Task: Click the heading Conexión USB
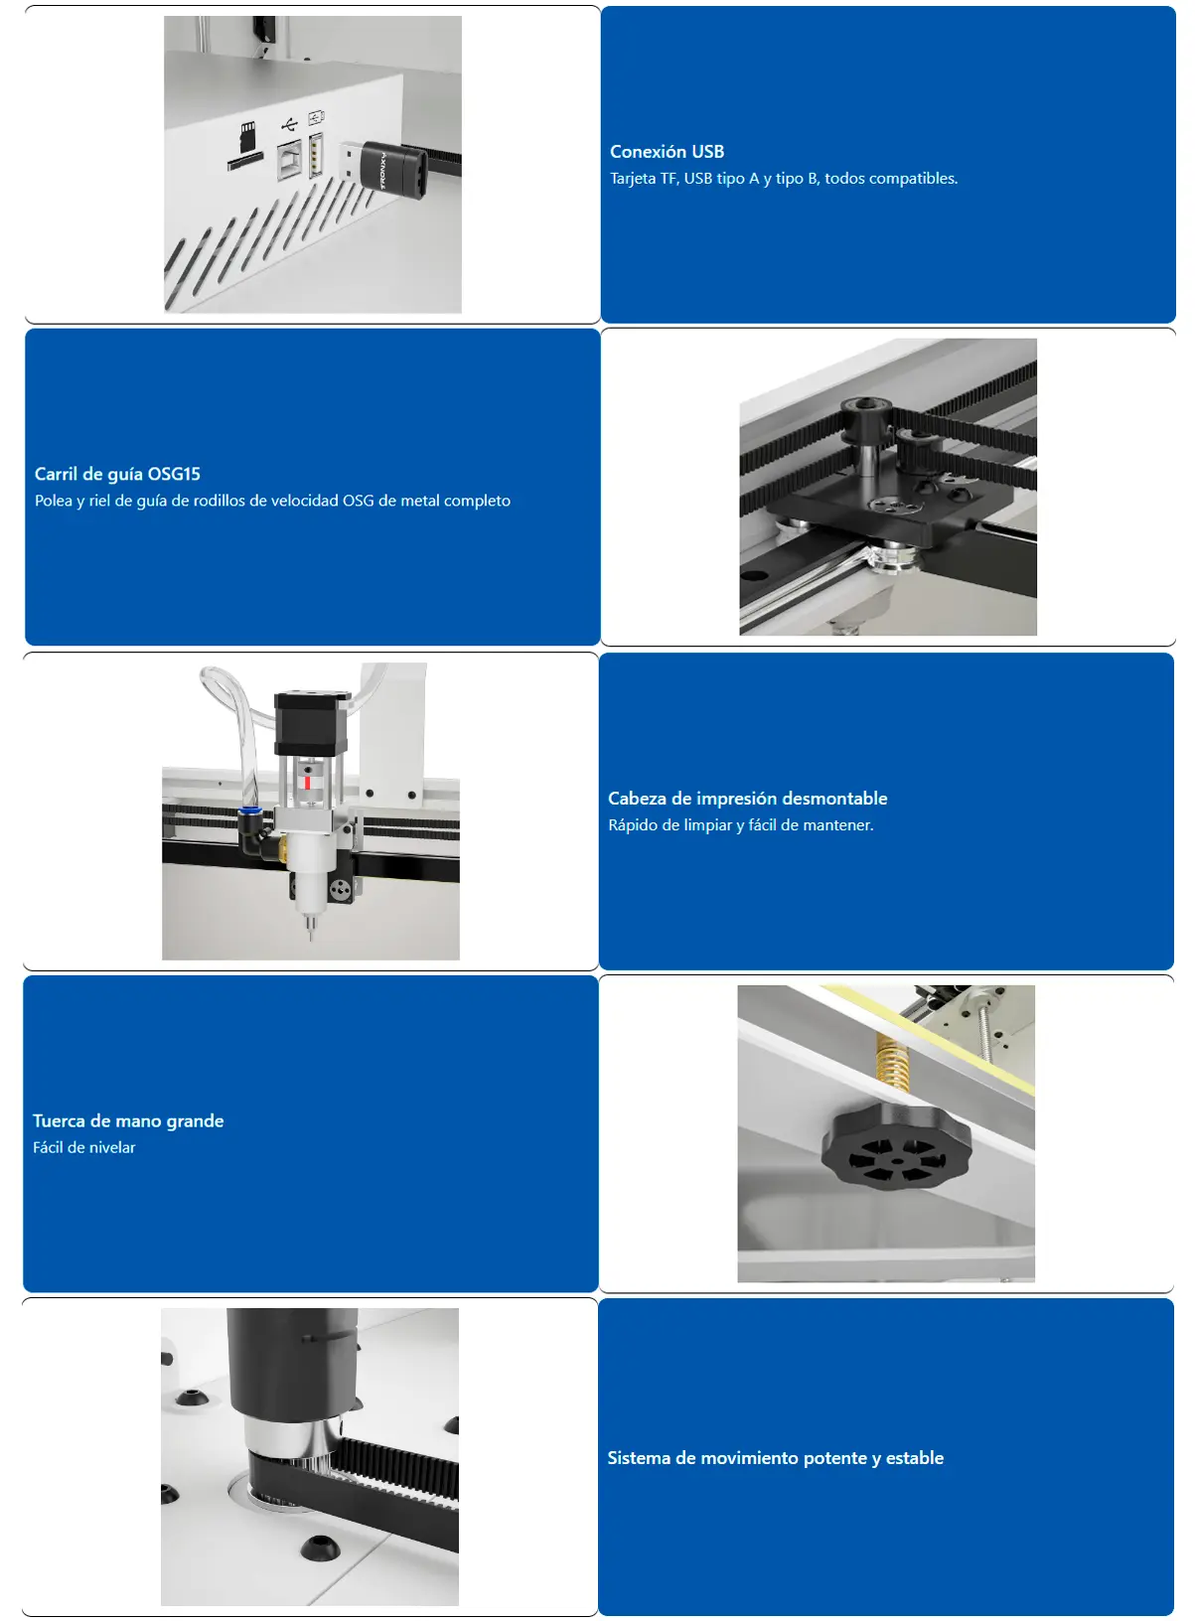667,152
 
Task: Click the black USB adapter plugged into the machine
391,169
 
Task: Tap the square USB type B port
289,159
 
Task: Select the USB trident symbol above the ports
289,124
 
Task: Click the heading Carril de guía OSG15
117,474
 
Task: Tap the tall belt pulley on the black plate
861,437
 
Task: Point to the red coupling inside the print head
308,782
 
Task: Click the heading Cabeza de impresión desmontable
747,799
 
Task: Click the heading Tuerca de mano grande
128,1120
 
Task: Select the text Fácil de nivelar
84,1147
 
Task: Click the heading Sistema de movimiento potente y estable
775,1458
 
